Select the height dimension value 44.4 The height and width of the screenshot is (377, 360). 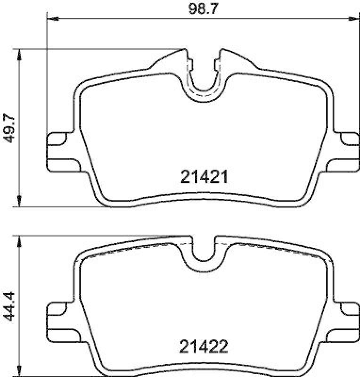(x=9, y=306)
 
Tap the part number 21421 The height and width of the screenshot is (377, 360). (x=205, y=177)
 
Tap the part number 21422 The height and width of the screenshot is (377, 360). (x=205, y=347)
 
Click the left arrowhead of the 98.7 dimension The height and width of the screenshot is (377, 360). (x=52, y=19)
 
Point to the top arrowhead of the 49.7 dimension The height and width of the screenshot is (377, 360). (x=18, y=54)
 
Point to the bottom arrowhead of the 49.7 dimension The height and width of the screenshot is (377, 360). (x=18, y=201)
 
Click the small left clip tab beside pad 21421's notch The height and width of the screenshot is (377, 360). (x=190, y=63)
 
